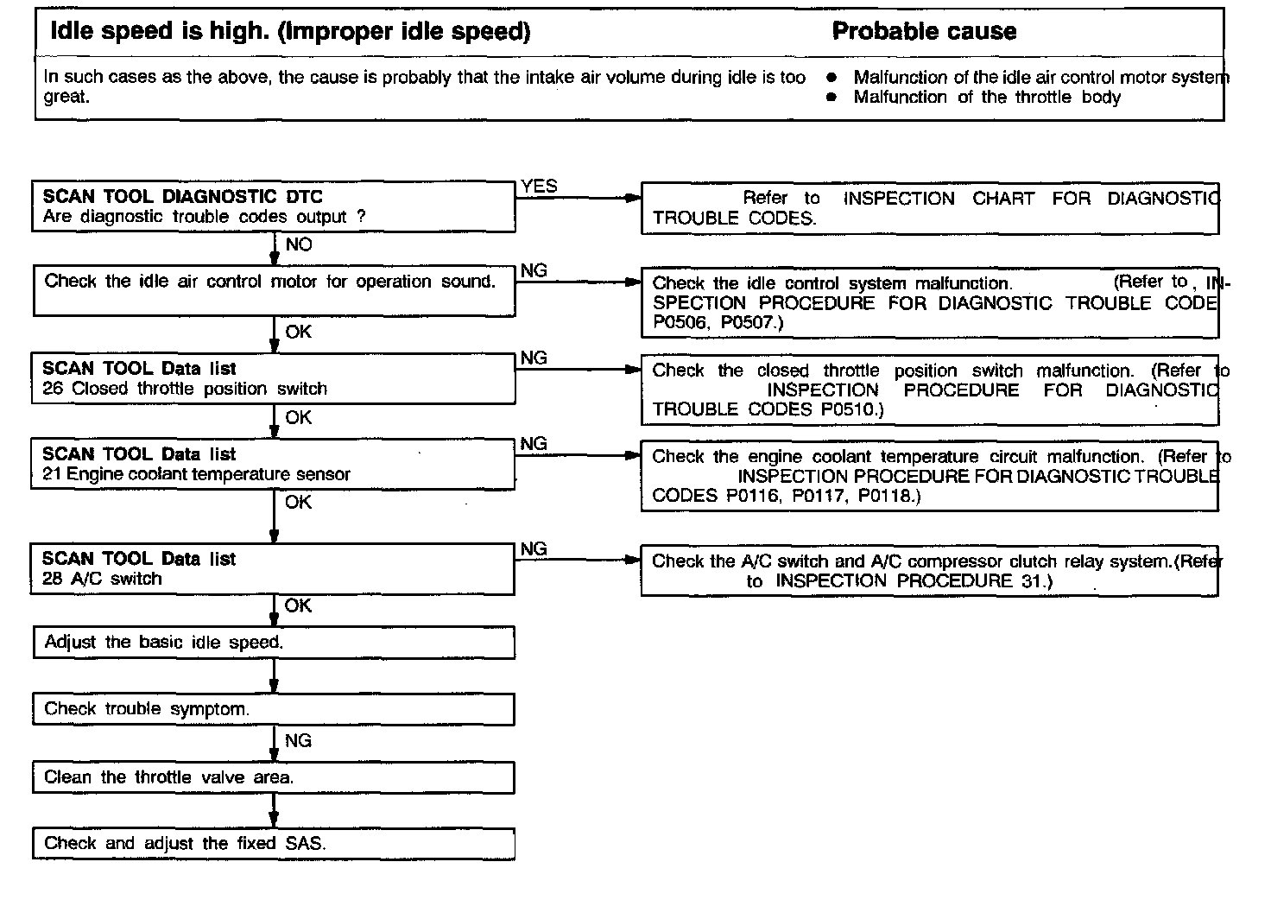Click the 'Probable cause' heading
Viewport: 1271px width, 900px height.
tap(924, 32)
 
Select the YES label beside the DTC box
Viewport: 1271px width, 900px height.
tap(539, 186)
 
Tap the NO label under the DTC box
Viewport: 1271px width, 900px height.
tap(299, 244)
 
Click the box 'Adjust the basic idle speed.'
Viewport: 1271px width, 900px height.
tap(273, 643)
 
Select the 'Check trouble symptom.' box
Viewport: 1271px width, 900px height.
tap(273, 709)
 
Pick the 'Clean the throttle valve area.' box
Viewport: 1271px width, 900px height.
tap(273, 777)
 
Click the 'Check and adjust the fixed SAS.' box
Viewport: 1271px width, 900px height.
tap(273, 843)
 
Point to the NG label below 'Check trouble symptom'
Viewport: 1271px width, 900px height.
tap(299, 740)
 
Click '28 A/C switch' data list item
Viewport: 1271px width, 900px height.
tap(102, 579)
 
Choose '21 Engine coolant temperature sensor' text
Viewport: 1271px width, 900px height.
tap(196, 474)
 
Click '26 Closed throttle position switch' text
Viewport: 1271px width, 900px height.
tap(185, 389)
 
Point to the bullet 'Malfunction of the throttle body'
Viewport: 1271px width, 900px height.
tap(986, 97)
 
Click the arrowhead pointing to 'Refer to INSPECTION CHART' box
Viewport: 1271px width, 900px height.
tap(634, 198)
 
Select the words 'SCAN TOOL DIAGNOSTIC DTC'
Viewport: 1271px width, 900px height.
tap(182, 196)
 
